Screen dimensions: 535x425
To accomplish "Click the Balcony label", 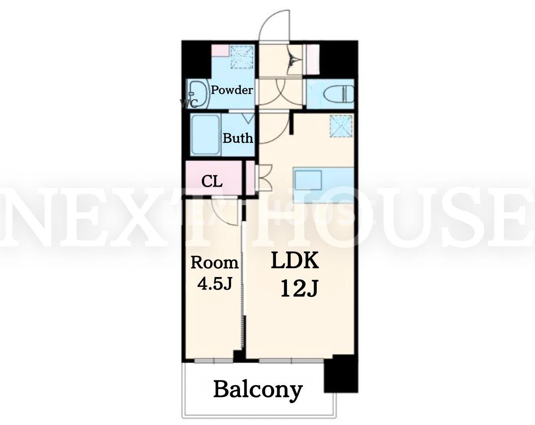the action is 258,391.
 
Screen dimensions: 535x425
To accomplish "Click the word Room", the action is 215,263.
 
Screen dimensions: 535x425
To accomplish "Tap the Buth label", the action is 238,138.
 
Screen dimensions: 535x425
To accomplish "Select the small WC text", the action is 189,104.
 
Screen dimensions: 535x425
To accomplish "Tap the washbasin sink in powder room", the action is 198,94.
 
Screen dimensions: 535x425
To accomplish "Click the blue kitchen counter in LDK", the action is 323,185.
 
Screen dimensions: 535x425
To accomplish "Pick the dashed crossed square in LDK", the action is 341,126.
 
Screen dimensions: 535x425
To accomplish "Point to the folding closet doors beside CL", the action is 264,177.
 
